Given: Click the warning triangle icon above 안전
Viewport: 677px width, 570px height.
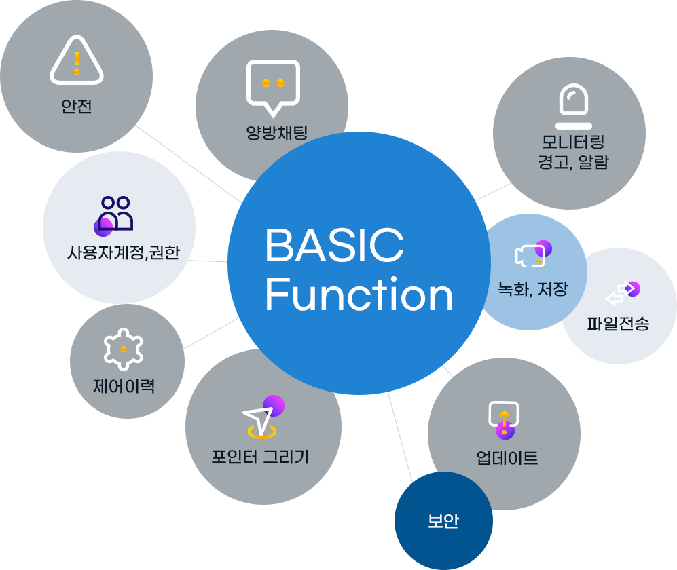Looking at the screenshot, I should [x=77, y=62].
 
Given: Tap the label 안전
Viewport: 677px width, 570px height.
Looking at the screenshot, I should [x=76, y=107].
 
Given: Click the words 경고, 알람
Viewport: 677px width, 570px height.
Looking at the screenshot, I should [x=573, y=163].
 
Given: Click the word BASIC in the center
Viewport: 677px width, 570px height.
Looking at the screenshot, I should [x=334, y=245].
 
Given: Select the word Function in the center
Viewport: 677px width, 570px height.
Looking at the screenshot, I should [x=359, y=295].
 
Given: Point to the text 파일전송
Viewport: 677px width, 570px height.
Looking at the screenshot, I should [x=618, y=324].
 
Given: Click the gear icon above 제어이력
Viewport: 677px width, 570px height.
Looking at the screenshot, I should [x=124, y=349].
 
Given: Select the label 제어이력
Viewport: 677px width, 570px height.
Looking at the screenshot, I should [x=124, y=387].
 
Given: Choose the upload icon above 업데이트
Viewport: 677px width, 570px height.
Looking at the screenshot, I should [x=504, y=417].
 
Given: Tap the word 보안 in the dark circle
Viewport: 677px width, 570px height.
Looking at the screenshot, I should [x=443, y=522].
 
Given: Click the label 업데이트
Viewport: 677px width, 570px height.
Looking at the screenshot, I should [x=507, y=458].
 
